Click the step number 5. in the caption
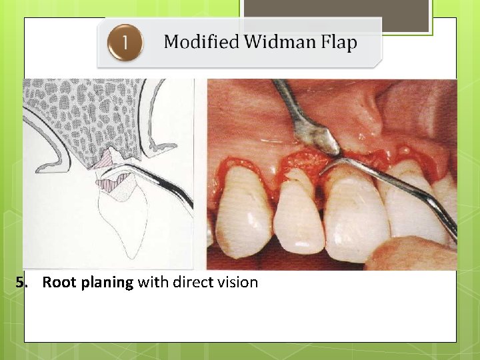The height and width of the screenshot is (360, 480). point(23,282)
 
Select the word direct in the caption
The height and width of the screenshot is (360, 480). point(193,282)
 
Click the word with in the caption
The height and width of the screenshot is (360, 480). point(153,282)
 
